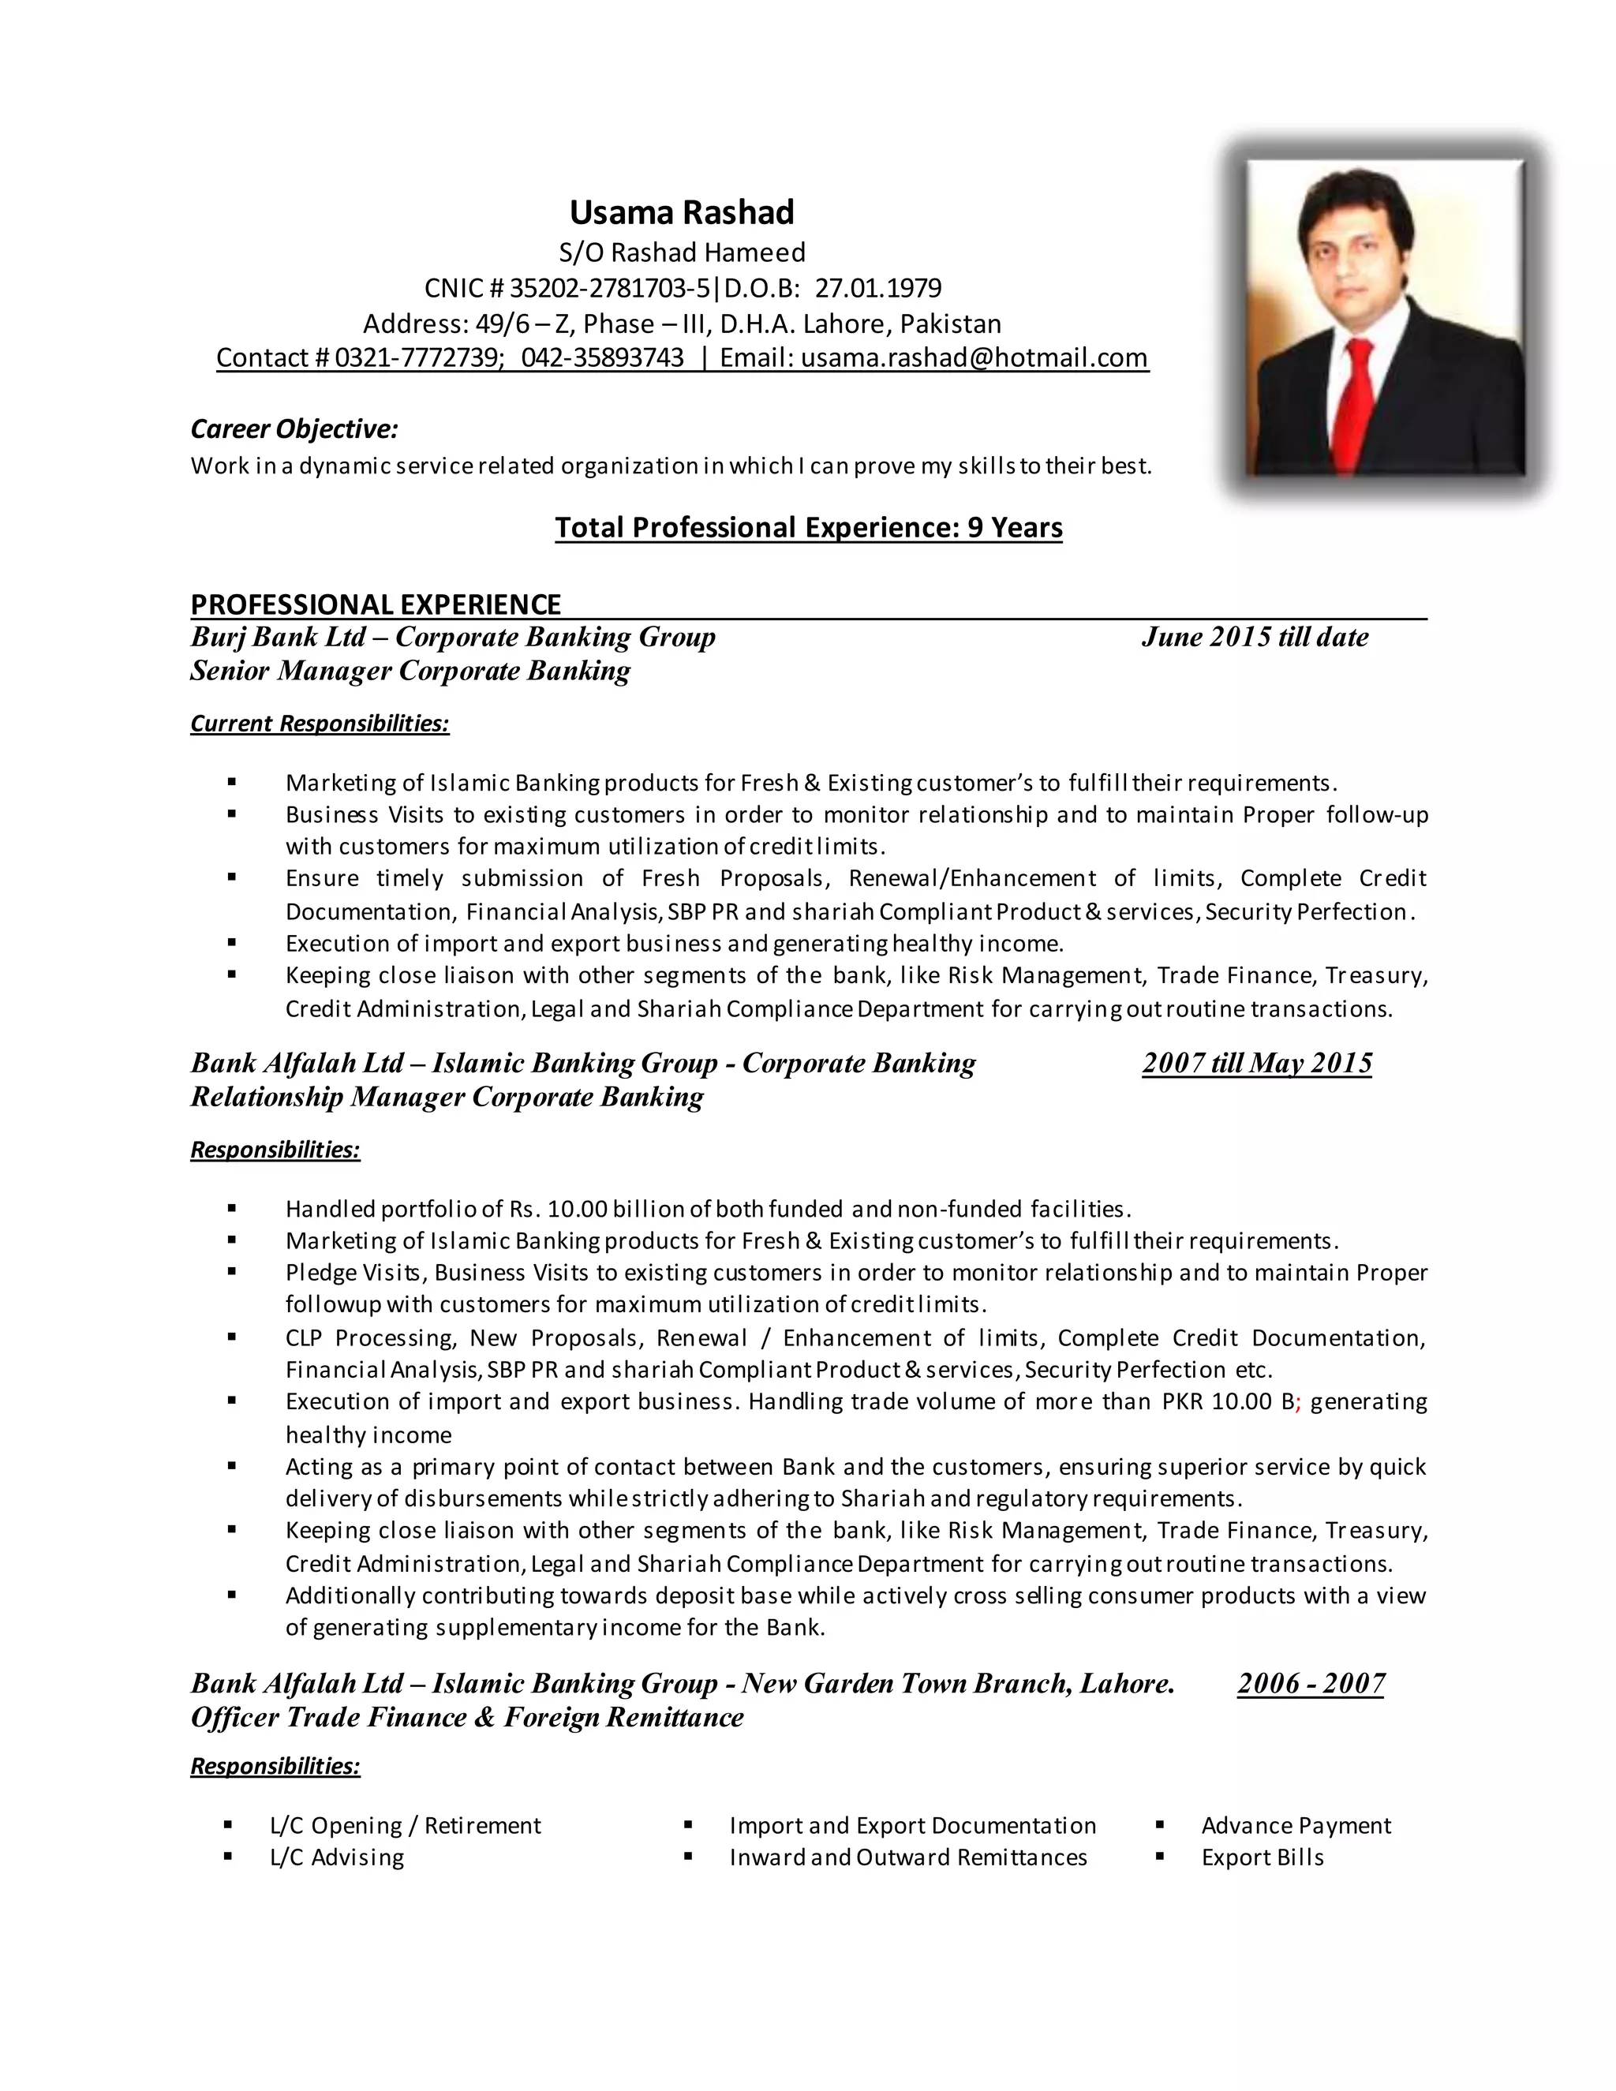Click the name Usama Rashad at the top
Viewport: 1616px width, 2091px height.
pos(682,211)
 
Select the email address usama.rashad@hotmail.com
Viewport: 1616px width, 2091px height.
pos(974,358)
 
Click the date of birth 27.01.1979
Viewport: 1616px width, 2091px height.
pos(878,288)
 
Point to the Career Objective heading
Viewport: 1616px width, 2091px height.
pos(294,429)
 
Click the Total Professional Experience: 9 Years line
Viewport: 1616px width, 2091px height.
pos(808,528)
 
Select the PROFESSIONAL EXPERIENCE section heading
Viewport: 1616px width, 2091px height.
pos(376,604)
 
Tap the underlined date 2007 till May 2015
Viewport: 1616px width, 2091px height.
pos(1256,1063)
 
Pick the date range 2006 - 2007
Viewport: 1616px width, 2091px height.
pos(1310,1682)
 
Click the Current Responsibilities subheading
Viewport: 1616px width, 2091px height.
pos(320,723)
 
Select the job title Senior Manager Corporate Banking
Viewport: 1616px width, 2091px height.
pos(410,670)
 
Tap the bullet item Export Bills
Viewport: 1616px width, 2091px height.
pos(1262,1857)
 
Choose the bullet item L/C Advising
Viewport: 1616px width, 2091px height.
pos(337,1857)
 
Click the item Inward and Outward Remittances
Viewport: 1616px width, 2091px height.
pos(907,1857)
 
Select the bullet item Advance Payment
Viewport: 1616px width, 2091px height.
pos(1296,1825)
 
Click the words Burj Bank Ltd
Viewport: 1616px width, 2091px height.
pos(278,637)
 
